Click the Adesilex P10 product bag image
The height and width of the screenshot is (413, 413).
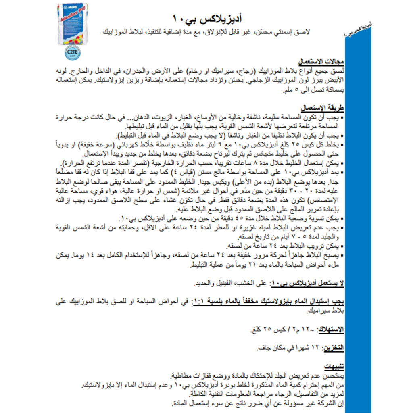coord(73,24)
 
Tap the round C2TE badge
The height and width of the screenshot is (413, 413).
coord(71,52)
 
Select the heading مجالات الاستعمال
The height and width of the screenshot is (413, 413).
coord(321,63)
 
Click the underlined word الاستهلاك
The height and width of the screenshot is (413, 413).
coord(331,330)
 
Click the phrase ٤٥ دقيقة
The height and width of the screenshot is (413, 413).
coord(230,219)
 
